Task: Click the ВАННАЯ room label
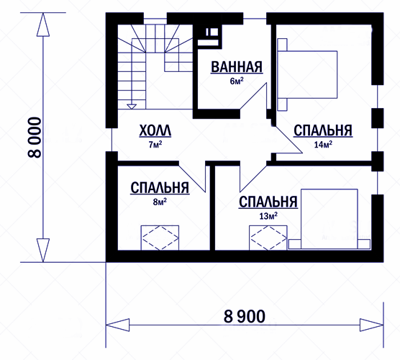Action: coord(237,67)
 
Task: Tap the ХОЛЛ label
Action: coord(155,131)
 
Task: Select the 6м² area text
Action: coord(237,81)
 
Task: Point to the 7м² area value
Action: coord(155,145)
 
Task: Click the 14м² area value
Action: coord(323,145)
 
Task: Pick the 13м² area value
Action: coord(268,216)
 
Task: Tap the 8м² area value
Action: coord(160,202)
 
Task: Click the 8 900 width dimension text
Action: coord(245,316)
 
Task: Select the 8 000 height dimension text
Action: coord(35,138)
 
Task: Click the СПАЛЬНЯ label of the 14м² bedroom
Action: coord(323,130)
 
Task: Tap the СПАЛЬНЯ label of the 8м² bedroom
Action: coord(160,188)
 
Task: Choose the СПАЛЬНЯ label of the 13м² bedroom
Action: coord(268,202)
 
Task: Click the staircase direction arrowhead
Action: coord(132,107)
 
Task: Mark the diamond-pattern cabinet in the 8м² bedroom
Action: coord(160,238)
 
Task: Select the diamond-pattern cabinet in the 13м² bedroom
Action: coord(268,238)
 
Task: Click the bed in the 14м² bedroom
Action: coord(307,74)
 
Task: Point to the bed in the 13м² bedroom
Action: coord(329,219)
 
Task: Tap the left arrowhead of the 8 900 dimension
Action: coord(117,325)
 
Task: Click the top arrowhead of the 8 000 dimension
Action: coord(43,24)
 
